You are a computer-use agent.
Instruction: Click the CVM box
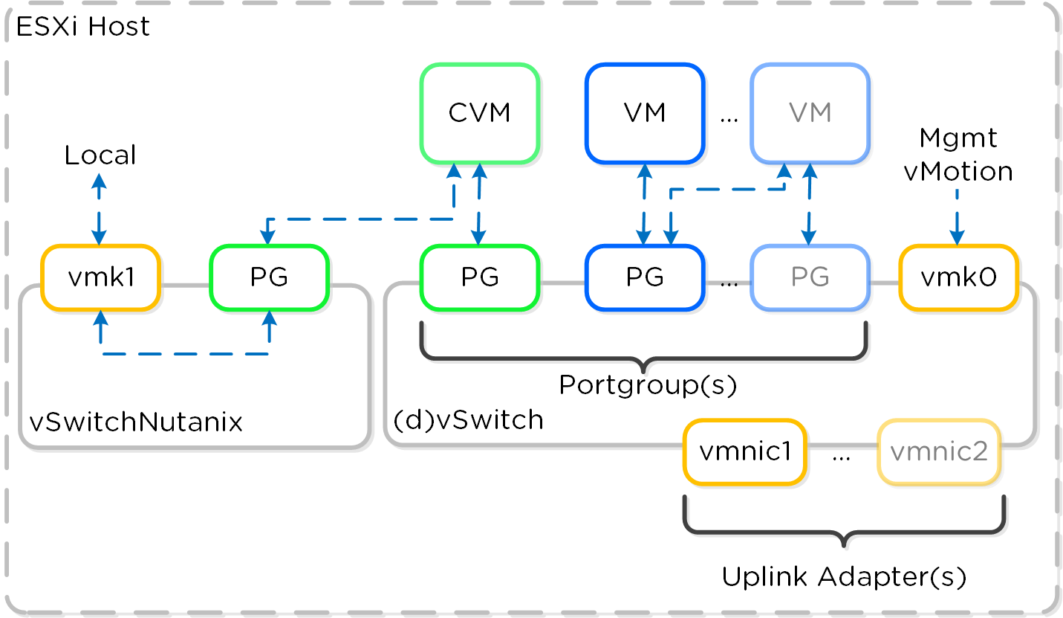[479, 113]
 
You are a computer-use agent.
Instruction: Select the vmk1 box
[100, 277]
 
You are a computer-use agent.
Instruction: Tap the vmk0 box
[958, 277]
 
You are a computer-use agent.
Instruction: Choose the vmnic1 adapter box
[744, 452]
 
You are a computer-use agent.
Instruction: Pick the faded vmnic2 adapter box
[939, 452]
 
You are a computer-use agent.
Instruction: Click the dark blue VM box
[644, 113]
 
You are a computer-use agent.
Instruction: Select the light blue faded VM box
[809, 113]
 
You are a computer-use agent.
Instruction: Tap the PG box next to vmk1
[269, 277]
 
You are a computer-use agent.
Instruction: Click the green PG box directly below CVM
[479, 277]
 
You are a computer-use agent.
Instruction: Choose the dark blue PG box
[644, 277]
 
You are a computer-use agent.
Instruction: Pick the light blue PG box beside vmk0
[809, 277]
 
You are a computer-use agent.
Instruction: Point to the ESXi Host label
[82, 27]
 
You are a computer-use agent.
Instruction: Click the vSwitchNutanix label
[136, 422]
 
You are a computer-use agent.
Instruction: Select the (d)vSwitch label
[468, 420]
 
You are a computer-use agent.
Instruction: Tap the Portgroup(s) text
[647, 385]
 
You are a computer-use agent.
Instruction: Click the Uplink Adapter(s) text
[844, 577]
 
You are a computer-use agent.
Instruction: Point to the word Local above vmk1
[100, 155]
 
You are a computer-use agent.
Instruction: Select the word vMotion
[958, 172]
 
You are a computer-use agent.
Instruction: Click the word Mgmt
[958, 138]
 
